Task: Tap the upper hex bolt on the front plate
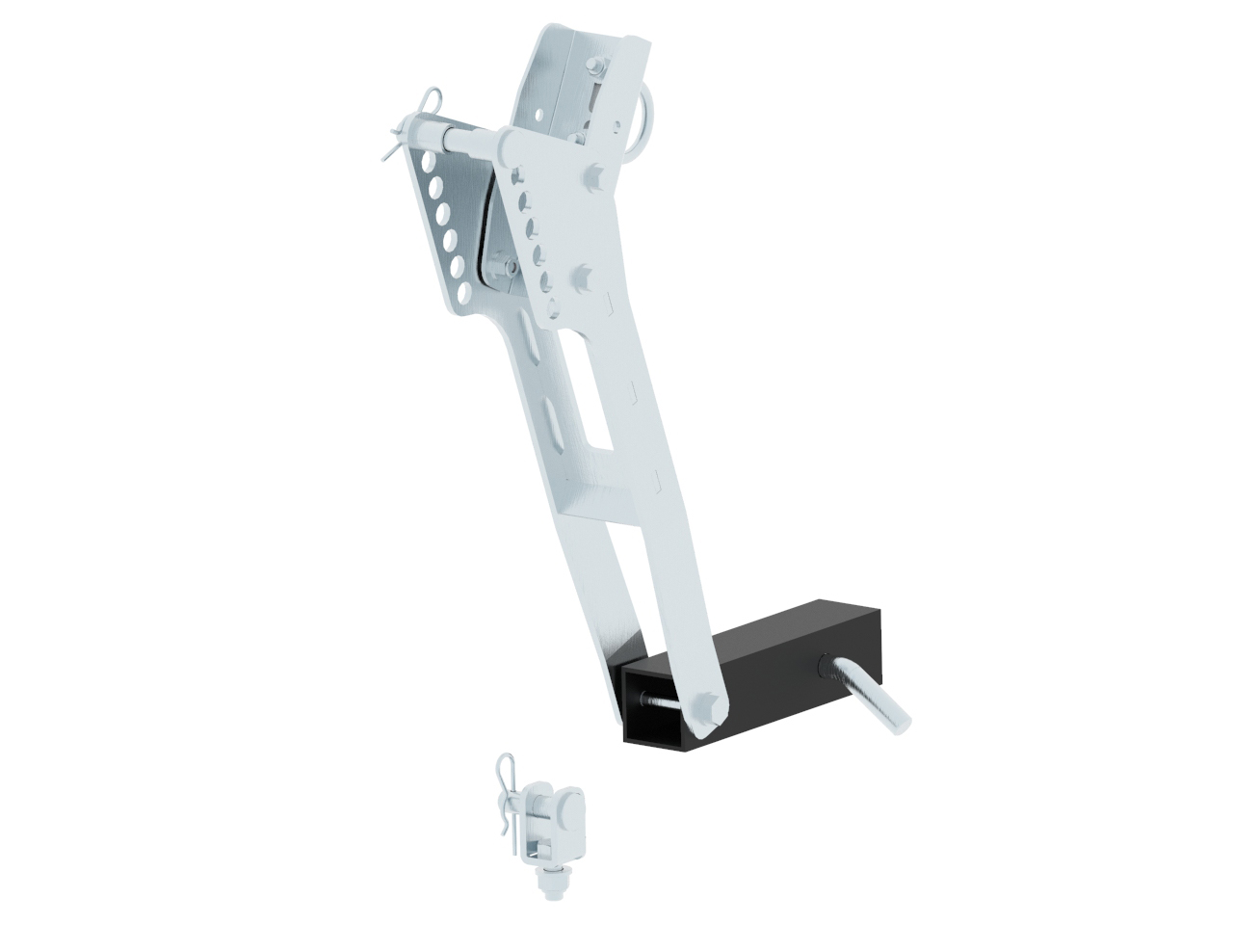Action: [592, 179]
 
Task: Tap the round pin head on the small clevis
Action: [569, 805]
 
